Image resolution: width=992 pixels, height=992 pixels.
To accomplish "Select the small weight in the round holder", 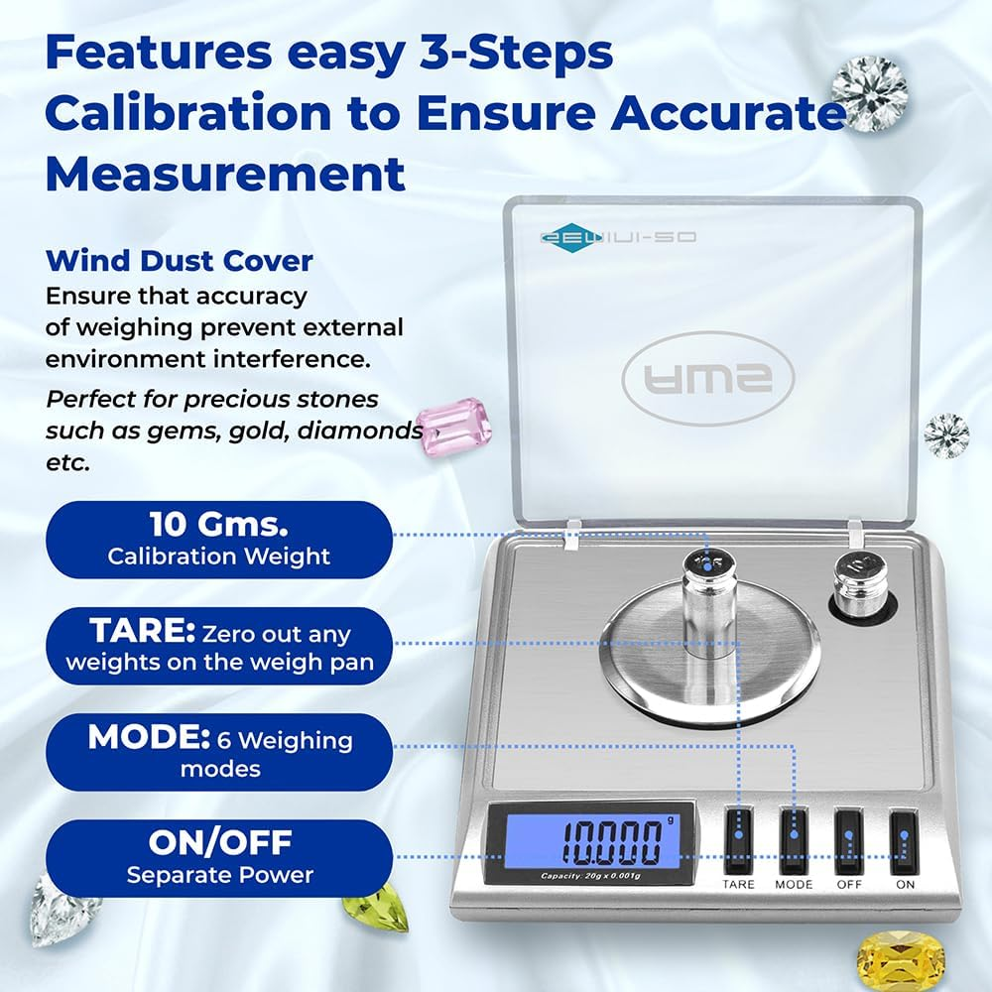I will (859, 588).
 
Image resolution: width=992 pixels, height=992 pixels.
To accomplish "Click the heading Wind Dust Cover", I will (180, 262).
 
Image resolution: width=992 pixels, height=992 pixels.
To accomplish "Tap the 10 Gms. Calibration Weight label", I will (218, 540).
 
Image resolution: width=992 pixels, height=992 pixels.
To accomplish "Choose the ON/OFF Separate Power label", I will (218, 858).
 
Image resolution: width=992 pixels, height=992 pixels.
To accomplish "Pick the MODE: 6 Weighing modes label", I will (218, 752).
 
